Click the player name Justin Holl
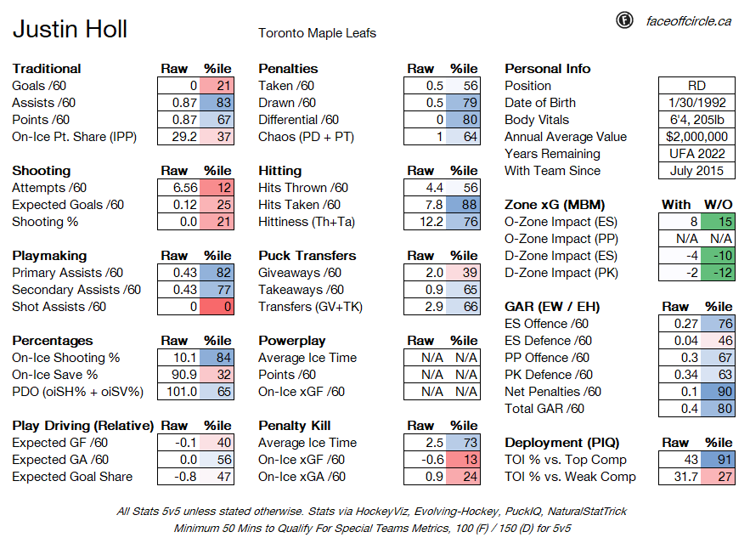tap(70, 29)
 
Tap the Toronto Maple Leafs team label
tap(317, 33)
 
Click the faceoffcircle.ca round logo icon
tap(624, 20)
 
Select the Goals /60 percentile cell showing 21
tap(217, 86)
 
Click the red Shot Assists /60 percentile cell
tap(217, 307)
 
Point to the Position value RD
tap(696, 86)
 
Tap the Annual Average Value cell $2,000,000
tap(696, 137)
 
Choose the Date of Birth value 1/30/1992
tap(696, 103)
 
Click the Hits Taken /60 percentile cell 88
tap(463, 205)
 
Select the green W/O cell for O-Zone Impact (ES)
tap(718, 222)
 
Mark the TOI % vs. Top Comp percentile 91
tap(718, 460)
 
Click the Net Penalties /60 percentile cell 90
tap(718, 392)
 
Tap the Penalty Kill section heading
tap(295, 426)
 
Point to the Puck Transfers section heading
tap(307, 256)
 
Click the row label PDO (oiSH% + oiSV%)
tap(77, 392)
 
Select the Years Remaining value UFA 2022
tap(696, 154)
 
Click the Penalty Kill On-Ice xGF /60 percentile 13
tap(463, 460)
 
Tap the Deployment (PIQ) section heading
tap(562, 443)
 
